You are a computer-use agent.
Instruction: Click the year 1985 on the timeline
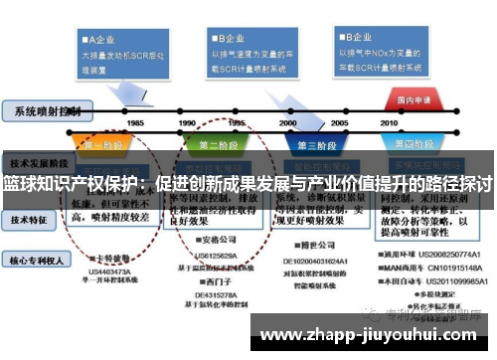click(x=135, y=122)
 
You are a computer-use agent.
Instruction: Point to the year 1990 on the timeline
click(x=187, y=122)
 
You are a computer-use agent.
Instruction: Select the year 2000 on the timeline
click(x=288, y=122)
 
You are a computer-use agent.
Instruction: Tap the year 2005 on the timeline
click(x=339, y=122)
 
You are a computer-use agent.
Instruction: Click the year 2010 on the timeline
click(x=390, y=122)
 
